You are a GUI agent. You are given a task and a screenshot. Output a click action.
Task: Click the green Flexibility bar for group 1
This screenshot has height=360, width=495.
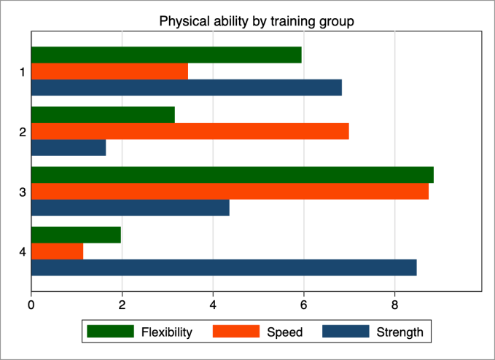coord(166,55)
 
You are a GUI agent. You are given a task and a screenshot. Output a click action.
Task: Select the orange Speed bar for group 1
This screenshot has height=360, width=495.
coord(109,71)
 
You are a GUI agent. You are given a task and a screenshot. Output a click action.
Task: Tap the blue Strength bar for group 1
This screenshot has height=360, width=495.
coord(186,87)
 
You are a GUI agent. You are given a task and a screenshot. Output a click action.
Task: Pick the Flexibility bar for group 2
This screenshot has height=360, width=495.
coord(103,114)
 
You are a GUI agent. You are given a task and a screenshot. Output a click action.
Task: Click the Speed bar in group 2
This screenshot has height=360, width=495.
coord(190,131)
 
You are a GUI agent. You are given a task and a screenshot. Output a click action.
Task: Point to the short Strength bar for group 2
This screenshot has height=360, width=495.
coord(69,147)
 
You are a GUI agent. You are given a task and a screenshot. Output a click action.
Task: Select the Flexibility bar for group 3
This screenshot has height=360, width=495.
coord(232,175)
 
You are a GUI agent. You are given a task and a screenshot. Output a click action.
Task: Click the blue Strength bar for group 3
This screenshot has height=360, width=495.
coord(130,207)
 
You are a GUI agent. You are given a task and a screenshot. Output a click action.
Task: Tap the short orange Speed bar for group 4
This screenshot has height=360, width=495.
coord(57,251)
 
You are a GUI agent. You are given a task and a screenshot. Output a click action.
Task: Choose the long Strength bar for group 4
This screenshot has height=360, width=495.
coord(224,267)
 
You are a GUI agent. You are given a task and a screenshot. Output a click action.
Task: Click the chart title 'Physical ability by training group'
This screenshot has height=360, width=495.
coord(257,21)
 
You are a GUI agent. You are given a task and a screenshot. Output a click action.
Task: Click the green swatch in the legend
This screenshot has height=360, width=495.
coord(110,332)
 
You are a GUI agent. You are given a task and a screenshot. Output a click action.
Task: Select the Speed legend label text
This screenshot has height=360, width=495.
coord(285,332)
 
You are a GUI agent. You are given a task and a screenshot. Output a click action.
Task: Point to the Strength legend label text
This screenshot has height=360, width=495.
coord(399,332)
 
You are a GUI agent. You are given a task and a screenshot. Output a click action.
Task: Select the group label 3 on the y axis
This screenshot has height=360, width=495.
coord(22,192)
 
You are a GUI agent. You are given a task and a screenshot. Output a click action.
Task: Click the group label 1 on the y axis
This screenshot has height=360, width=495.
coord(22,71)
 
